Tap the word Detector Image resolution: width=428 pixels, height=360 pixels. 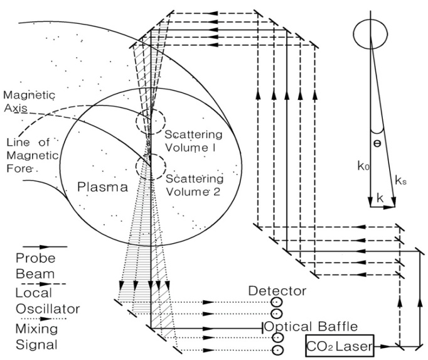pos(277,291)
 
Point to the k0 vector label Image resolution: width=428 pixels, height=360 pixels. pos(363,166)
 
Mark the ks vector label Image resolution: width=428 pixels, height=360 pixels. pos(400,181)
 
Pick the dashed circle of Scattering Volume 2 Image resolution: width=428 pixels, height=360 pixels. pos(151,166)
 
